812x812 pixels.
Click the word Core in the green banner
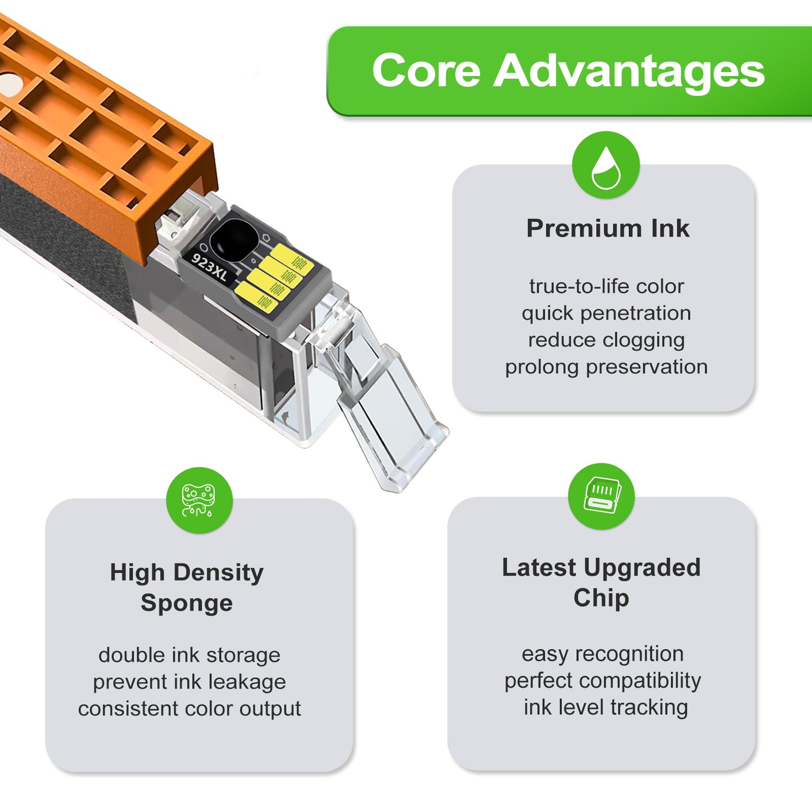click(426, 70)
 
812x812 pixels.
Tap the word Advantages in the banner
click(629, 71)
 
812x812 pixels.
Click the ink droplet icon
click(606, 167)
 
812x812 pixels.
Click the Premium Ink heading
click(607, 228)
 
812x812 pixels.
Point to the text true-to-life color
click(607, 287)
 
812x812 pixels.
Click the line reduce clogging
click(606, 340)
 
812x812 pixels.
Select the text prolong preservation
click(606, 366)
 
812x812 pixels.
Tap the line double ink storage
click(189, 655)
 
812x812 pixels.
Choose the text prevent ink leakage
click(189, 682)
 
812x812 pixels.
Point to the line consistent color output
click(189, 709)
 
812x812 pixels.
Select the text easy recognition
click(602, 654)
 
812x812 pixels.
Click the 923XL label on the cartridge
click(210, 267)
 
